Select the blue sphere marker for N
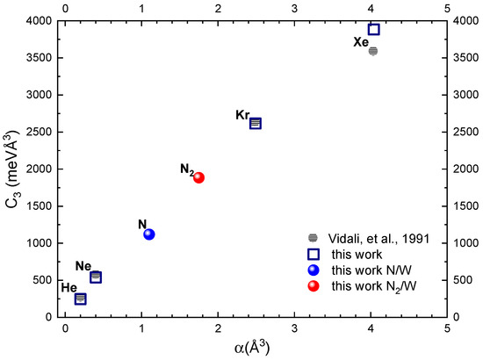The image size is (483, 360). (149, 234)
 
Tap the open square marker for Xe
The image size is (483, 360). (373, 29)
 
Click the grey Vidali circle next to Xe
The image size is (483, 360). (372, 51)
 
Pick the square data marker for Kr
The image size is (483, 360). (256, 124)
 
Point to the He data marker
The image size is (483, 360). (81, 299)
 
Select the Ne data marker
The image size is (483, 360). (96, 277)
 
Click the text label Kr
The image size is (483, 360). (242, 115)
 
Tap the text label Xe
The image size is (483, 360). (360, 41)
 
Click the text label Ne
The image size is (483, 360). (83, 266)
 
